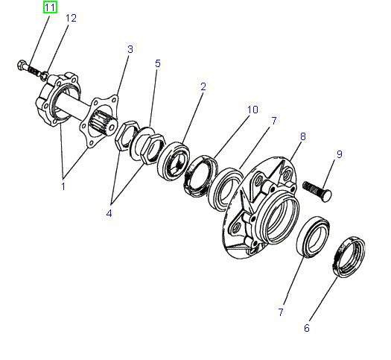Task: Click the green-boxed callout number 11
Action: coord(50,7)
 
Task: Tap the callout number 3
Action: coord(130,49)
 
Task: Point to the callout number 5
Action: coord(158,64)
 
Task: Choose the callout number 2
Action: coord(202,87)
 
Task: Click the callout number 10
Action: coord(252,110)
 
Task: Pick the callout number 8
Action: coord(302,136)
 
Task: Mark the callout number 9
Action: coord(339,154)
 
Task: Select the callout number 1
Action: coord(63,186)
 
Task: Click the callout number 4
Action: coord(109,212)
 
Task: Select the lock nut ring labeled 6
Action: coord(348,256)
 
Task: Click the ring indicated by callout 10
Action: coord(199,175)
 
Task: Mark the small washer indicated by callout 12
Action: coord(45,75)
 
